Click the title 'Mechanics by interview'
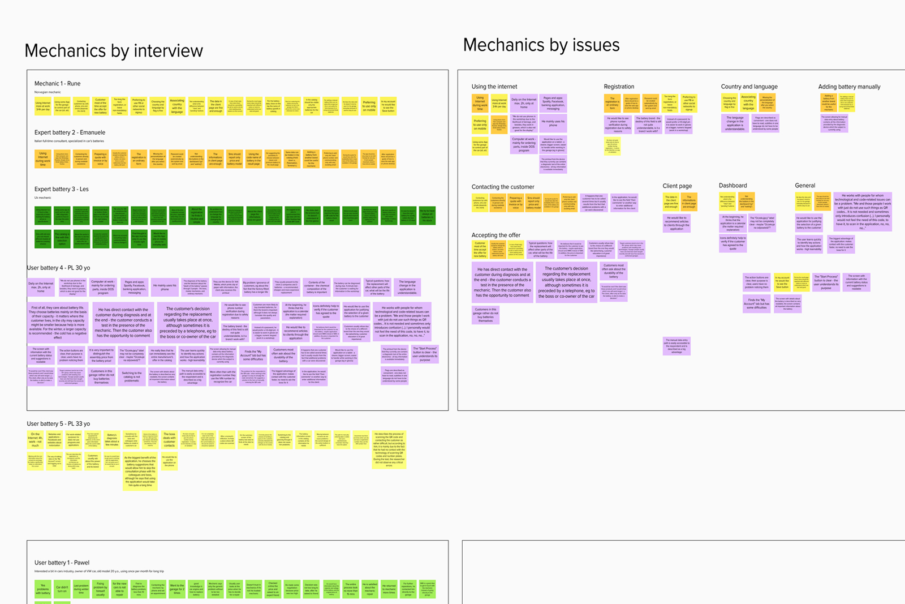pos(114,51)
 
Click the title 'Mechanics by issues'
pos(541,45)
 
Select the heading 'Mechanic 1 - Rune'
pos(57,84)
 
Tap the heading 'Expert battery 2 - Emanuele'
pos(70,132)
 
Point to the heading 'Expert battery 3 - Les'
pos(61,189)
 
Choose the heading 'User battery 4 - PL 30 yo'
pos(58,268)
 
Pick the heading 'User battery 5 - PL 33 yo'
pos(58,423)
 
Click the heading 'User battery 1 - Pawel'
pos(62,563)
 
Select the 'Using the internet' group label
pos(494,87)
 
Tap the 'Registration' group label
pos(619,87)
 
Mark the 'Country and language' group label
pos(749,87)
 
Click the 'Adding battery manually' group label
pos(849,87)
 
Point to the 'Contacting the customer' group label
pos(503,187)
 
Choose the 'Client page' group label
pos(677,186)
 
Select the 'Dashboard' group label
pos(732,186)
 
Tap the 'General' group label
pos(804,186)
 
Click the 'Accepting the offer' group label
pos(496,235)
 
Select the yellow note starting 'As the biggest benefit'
pos(140,471)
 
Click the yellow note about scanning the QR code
pos(389,449)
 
